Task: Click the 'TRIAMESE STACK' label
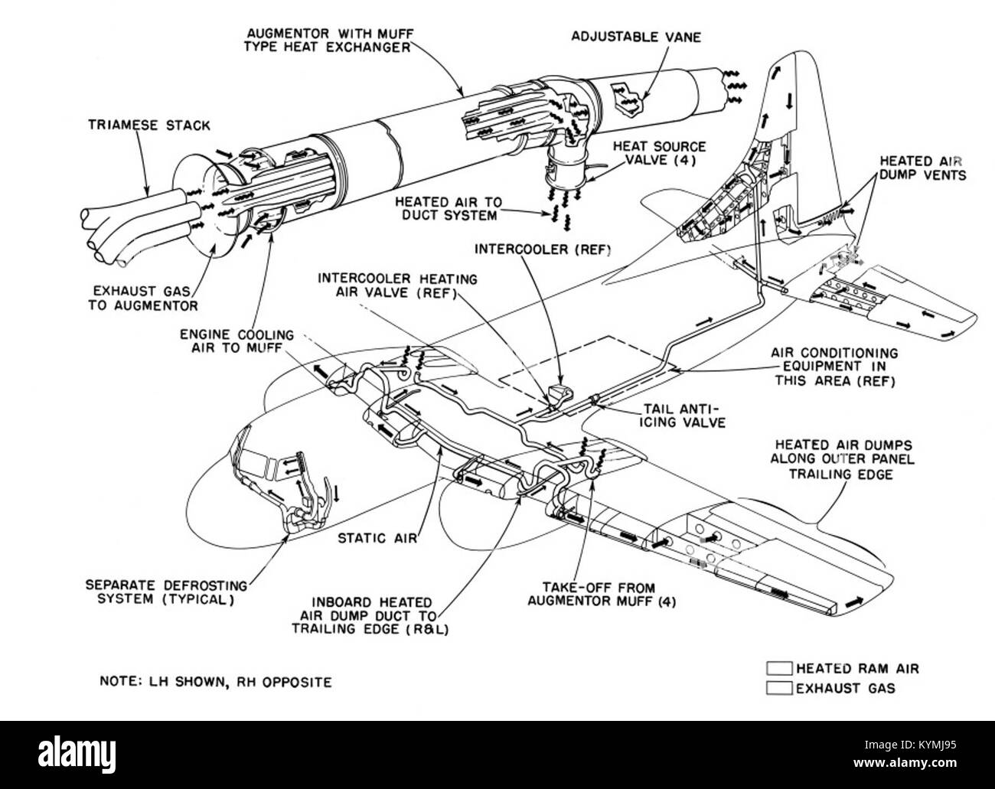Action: (x=149, y=126)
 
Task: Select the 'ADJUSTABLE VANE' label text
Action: (x=636, y=37)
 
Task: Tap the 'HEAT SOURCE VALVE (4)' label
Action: (x=659, y=154)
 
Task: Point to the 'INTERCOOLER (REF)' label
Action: (x=543, y=249)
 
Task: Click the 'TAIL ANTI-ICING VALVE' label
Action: (x=685, y=416)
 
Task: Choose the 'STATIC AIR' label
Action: (x=377, y=538)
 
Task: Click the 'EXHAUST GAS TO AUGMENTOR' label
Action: (x=143, y=298)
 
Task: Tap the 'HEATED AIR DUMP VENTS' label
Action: (x=922, y=168)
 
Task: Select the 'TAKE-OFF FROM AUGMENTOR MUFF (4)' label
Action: (x=602, y=595)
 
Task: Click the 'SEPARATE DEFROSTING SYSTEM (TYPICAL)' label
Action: (x=166, y=592)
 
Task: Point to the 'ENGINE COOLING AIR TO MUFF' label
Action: (x=237, y=341)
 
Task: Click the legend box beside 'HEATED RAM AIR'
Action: (x=779, y=668)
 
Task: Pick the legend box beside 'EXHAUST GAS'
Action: (x=779, y=688)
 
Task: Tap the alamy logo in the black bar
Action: (x=77, y=754)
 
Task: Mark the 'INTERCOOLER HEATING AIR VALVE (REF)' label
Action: (x=397, y=285)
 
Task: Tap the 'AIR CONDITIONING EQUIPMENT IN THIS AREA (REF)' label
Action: (x=834, y=367)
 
